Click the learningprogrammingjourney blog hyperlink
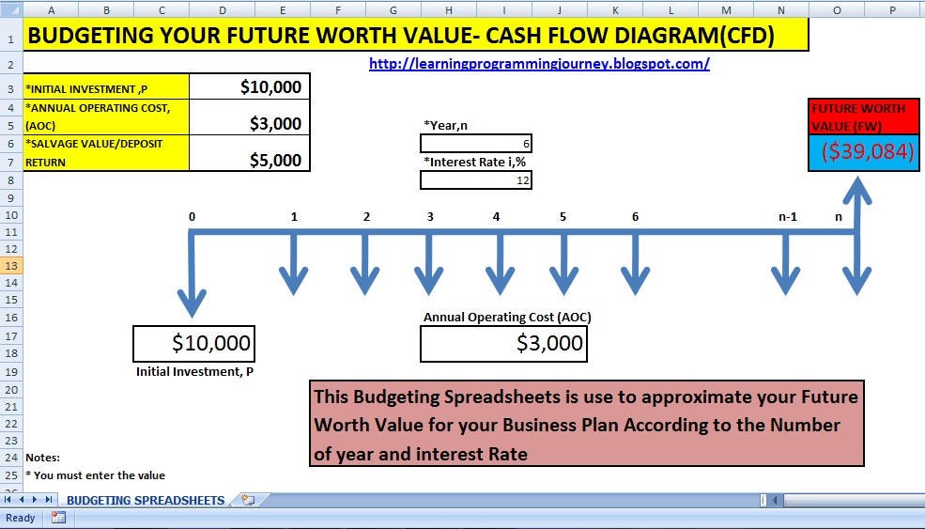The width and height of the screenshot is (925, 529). [x=539, y=64]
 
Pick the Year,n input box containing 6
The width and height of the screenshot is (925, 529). [x=476, y=144]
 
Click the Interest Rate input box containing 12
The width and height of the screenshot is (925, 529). [x=476, y=180]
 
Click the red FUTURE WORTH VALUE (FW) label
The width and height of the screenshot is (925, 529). [x=864, y=117]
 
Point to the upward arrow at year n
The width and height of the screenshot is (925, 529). [x=857, y=204]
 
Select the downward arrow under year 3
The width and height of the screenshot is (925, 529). [x=429, y=265]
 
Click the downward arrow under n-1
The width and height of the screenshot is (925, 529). [x=786, y=265]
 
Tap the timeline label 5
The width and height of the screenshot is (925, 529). [x=563, y=217]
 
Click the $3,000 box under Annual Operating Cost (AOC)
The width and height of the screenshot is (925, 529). [x=503, y=344]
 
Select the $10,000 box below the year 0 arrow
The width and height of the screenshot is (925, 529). [x=194, y=344]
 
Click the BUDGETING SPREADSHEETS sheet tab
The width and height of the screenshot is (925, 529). [x=146, y=500]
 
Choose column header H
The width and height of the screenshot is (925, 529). [x=448, y=10]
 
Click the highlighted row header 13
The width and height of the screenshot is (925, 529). [x=11, y=266]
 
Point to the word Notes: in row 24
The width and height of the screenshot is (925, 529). [x=42, y=458]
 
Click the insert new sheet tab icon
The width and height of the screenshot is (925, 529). [x=248, y=500]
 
